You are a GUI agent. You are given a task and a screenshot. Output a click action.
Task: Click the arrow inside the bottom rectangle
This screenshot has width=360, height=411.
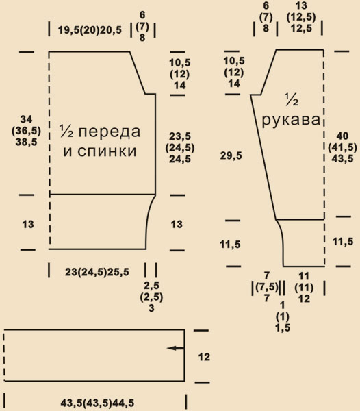pyautogui.click(x=176, y=349)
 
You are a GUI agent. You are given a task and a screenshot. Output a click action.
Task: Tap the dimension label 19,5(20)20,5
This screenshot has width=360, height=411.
pyautogui.click(x=90, y=30)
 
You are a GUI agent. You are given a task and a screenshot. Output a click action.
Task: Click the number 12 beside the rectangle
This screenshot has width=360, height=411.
pyautogui.click(x=204, y=357)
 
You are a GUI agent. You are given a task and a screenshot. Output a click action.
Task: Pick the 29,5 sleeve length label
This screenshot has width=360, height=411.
pyautogui.click(x=231, y=156)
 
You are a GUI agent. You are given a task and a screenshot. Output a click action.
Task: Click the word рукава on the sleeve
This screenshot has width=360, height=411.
pyautogui.click(x=291, y=121)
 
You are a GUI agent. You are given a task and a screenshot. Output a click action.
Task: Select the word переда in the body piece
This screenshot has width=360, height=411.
pyautogui.click(x=110, y=132)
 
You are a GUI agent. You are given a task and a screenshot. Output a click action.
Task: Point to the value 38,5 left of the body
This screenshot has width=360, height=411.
pyautogui.click(x=26, y=142)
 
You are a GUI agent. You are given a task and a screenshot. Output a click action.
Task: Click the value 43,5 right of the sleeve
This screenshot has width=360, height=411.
pyautogui.click(x=342, y=159)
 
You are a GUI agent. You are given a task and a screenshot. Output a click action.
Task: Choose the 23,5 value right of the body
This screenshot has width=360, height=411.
pyautogui.click(x=180, y=136)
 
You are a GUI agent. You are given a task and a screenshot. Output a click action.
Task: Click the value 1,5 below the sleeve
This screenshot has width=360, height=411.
pyautogui.click(x=283, y=328)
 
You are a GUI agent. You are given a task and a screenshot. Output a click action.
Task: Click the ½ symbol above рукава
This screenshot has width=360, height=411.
pyautogui.click(x=292, y=100)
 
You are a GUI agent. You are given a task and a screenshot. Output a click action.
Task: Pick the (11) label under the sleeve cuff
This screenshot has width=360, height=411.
pyautogui.click(x=304, y=288)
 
